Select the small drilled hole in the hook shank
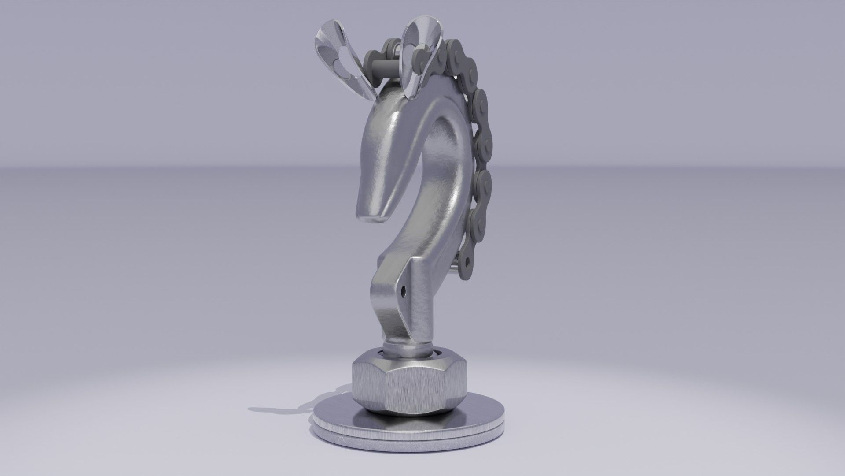pyautogui.click(x=404, y=290)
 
